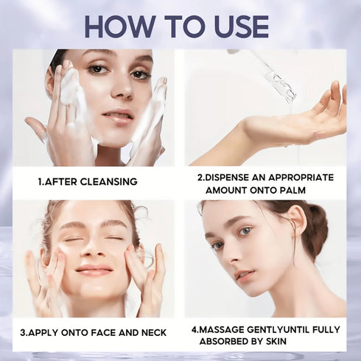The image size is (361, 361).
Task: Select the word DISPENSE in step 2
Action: (232, 177)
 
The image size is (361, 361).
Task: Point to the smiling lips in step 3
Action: (93, 270)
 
